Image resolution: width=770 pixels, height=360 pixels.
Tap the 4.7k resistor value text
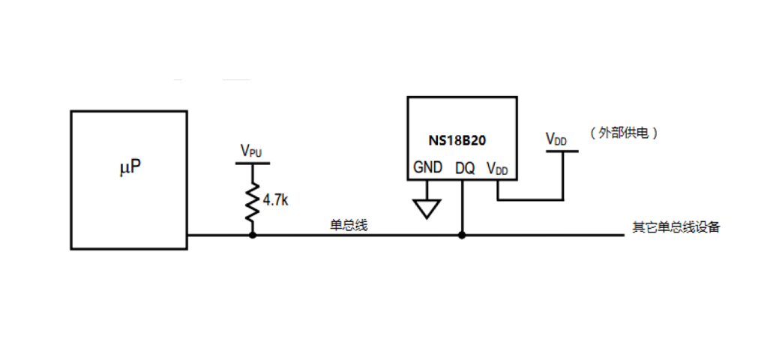275,200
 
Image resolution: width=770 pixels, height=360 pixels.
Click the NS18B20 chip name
462,140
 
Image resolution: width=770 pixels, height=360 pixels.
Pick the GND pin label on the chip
427,169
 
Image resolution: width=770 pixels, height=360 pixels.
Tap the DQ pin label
465,169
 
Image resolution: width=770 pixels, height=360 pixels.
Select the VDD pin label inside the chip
497,169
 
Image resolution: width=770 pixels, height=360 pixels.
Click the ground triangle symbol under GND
427,208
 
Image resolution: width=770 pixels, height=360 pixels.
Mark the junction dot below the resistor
253,235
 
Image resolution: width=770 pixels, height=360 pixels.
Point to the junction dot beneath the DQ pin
462,235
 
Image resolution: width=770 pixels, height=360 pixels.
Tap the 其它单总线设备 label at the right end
676,227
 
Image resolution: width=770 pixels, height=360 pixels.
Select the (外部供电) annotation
624,133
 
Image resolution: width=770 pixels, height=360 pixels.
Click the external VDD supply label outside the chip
556,139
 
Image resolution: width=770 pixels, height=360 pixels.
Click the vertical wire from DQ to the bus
462,206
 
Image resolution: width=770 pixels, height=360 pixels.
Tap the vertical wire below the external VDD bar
562,176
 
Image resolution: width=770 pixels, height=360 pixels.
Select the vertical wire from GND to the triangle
427,189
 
